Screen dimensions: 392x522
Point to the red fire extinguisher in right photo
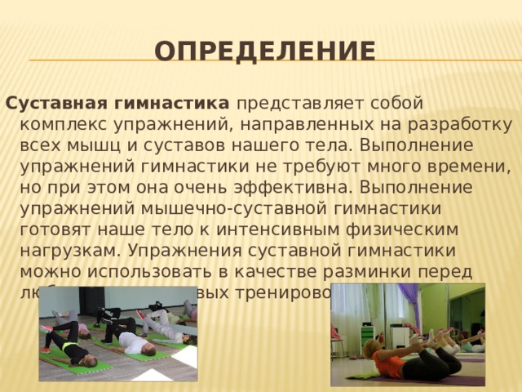(334, 332)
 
